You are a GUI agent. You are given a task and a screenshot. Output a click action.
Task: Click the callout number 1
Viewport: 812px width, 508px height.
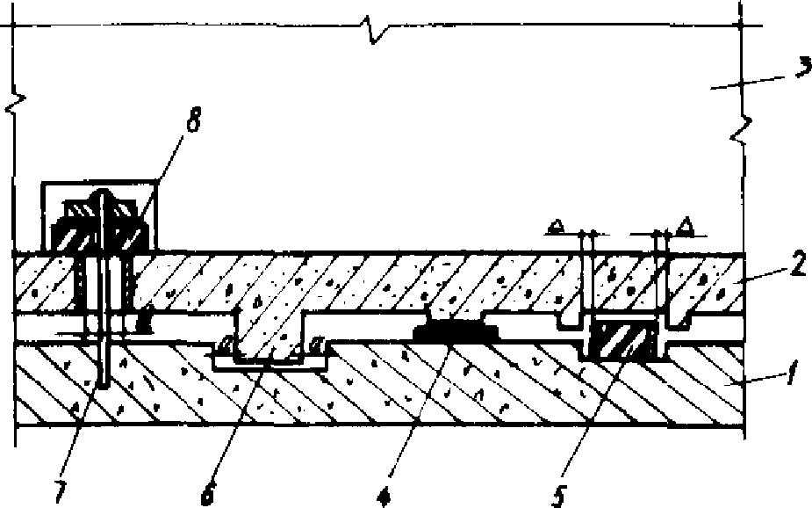coord(792,381)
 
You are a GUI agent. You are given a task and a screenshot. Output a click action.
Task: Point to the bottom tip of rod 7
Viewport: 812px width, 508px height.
coord(104,385)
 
